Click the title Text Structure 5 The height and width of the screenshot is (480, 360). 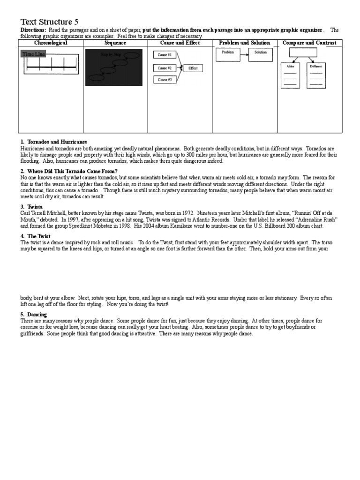[50, 22]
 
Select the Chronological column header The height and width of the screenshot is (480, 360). [51, 43]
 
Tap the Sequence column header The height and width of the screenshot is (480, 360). [115, 43]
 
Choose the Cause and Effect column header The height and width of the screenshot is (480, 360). [180, 43]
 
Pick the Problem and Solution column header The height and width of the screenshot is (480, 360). [244, 43]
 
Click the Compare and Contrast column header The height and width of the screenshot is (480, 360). [309, 43]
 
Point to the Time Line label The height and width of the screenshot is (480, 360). [34, 54]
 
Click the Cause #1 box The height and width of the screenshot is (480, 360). [165, 55]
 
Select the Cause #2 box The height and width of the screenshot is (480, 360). [165, 68]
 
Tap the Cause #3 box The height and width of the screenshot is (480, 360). [165, 80]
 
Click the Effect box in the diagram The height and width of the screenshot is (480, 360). [193, 68]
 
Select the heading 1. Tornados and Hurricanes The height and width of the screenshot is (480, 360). [54, 142]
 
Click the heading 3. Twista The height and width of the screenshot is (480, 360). [32, 206]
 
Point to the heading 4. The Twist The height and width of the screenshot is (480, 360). [36, 236]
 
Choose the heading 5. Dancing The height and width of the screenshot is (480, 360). [34, 314]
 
